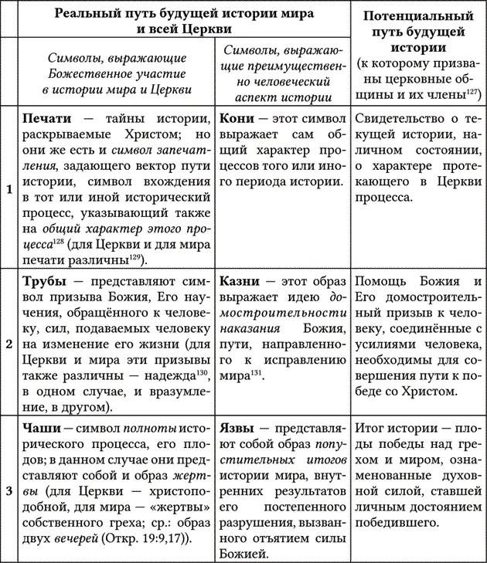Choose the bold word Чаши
click(43, 426)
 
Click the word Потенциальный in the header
click(417, 15)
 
